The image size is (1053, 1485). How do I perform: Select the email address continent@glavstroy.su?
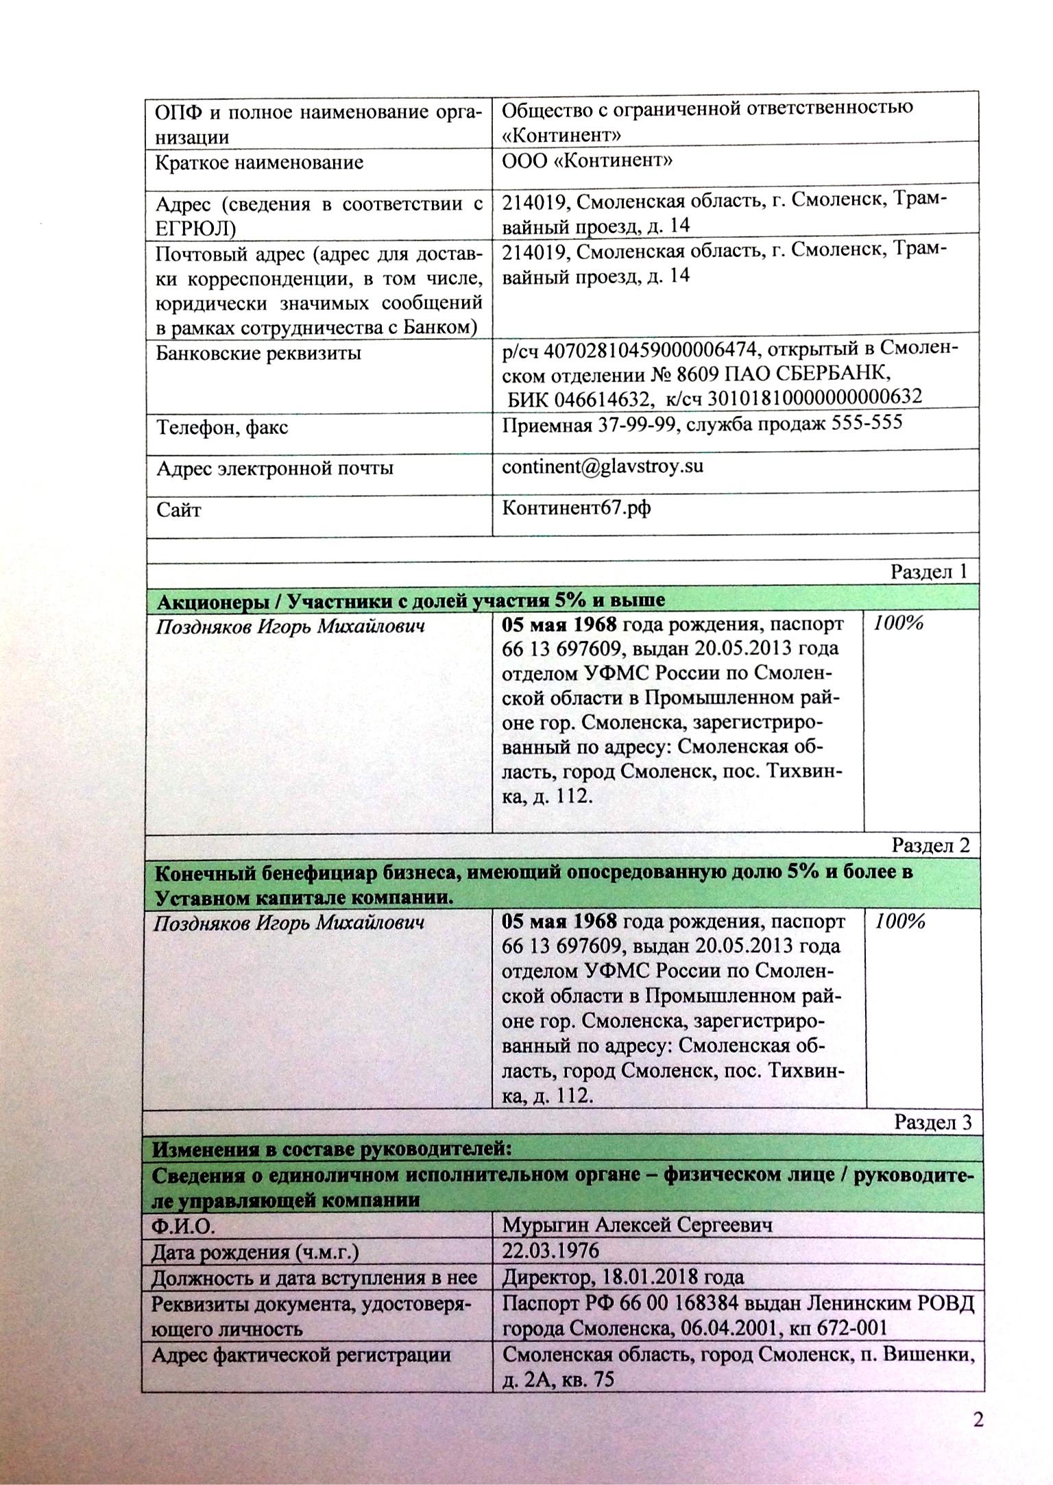point(603,467)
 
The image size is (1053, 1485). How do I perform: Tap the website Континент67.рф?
point(577,508)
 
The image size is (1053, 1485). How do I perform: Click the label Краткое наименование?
point(260,163)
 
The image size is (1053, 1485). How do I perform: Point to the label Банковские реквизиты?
point(258,354)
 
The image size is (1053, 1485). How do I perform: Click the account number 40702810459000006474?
point(651,351)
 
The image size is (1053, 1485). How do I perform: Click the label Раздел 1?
point(929,572)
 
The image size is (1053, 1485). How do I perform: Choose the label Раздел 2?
point(930,845)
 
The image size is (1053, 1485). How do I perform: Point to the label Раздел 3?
point(933,1122)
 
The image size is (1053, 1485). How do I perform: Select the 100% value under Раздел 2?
point(901,922)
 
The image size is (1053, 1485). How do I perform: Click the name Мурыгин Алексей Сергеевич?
point(638,1225)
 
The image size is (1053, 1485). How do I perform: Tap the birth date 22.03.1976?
point(550,1251)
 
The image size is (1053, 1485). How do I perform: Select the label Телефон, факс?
point(222,428)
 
